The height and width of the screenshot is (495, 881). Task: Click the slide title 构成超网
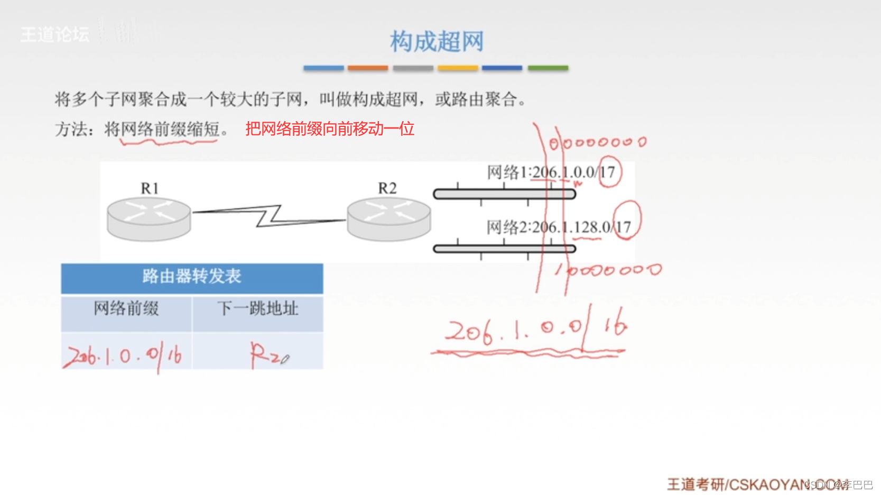click(x=437, y=41)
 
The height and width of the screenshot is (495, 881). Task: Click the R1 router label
click(x=150, y=188)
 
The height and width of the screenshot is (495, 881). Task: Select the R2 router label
click(x=387, y=188)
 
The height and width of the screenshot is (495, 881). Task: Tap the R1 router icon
click(x=149, y=218)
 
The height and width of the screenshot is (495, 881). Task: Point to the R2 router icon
click(x=388, y=218)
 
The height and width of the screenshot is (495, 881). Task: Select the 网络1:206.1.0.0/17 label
click(x=550, y=172)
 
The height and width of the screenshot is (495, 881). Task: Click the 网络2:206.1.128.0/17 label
click(x=558, y=227)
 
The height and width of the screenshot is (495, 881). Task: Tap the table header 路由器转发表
click(x=192, y=277)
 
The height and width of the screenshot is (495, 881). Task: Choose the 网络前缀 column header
click(x=126, y=308)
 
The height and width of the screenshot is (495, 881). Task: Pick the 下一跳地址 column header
click(x=258, y=308)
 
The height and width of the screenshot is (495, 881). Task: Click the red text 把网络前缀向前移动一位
click(x=330, y=129)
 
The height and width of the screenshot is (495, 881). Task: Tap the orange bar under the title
click(x=368, y=68)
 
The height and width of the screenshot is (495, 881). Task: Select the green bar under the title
click(x=548, y=68)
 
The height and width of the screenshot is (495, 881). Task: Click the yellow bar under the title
click(x=458, y=68)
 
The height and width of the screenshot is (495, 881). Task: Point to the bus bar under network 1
click(x=504, y=194)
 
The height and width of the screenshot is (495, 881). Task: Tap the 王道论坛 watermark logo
click(x=55, y=35)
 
